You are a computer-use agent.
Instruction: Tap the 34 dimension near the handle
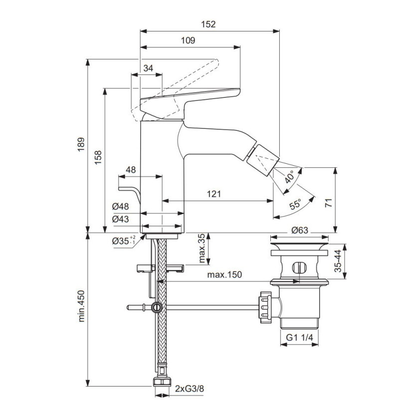[x=148, y=68]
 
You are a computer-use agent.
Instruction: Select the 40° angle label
[x=290, y=177]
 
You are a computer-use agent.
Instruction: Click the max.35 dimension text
[x=201, y=249]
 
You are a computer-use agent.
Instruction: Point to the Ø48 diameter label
[x=120, y=206]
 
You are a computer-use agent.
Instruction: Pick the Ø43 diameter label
[x=120, y=219]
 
